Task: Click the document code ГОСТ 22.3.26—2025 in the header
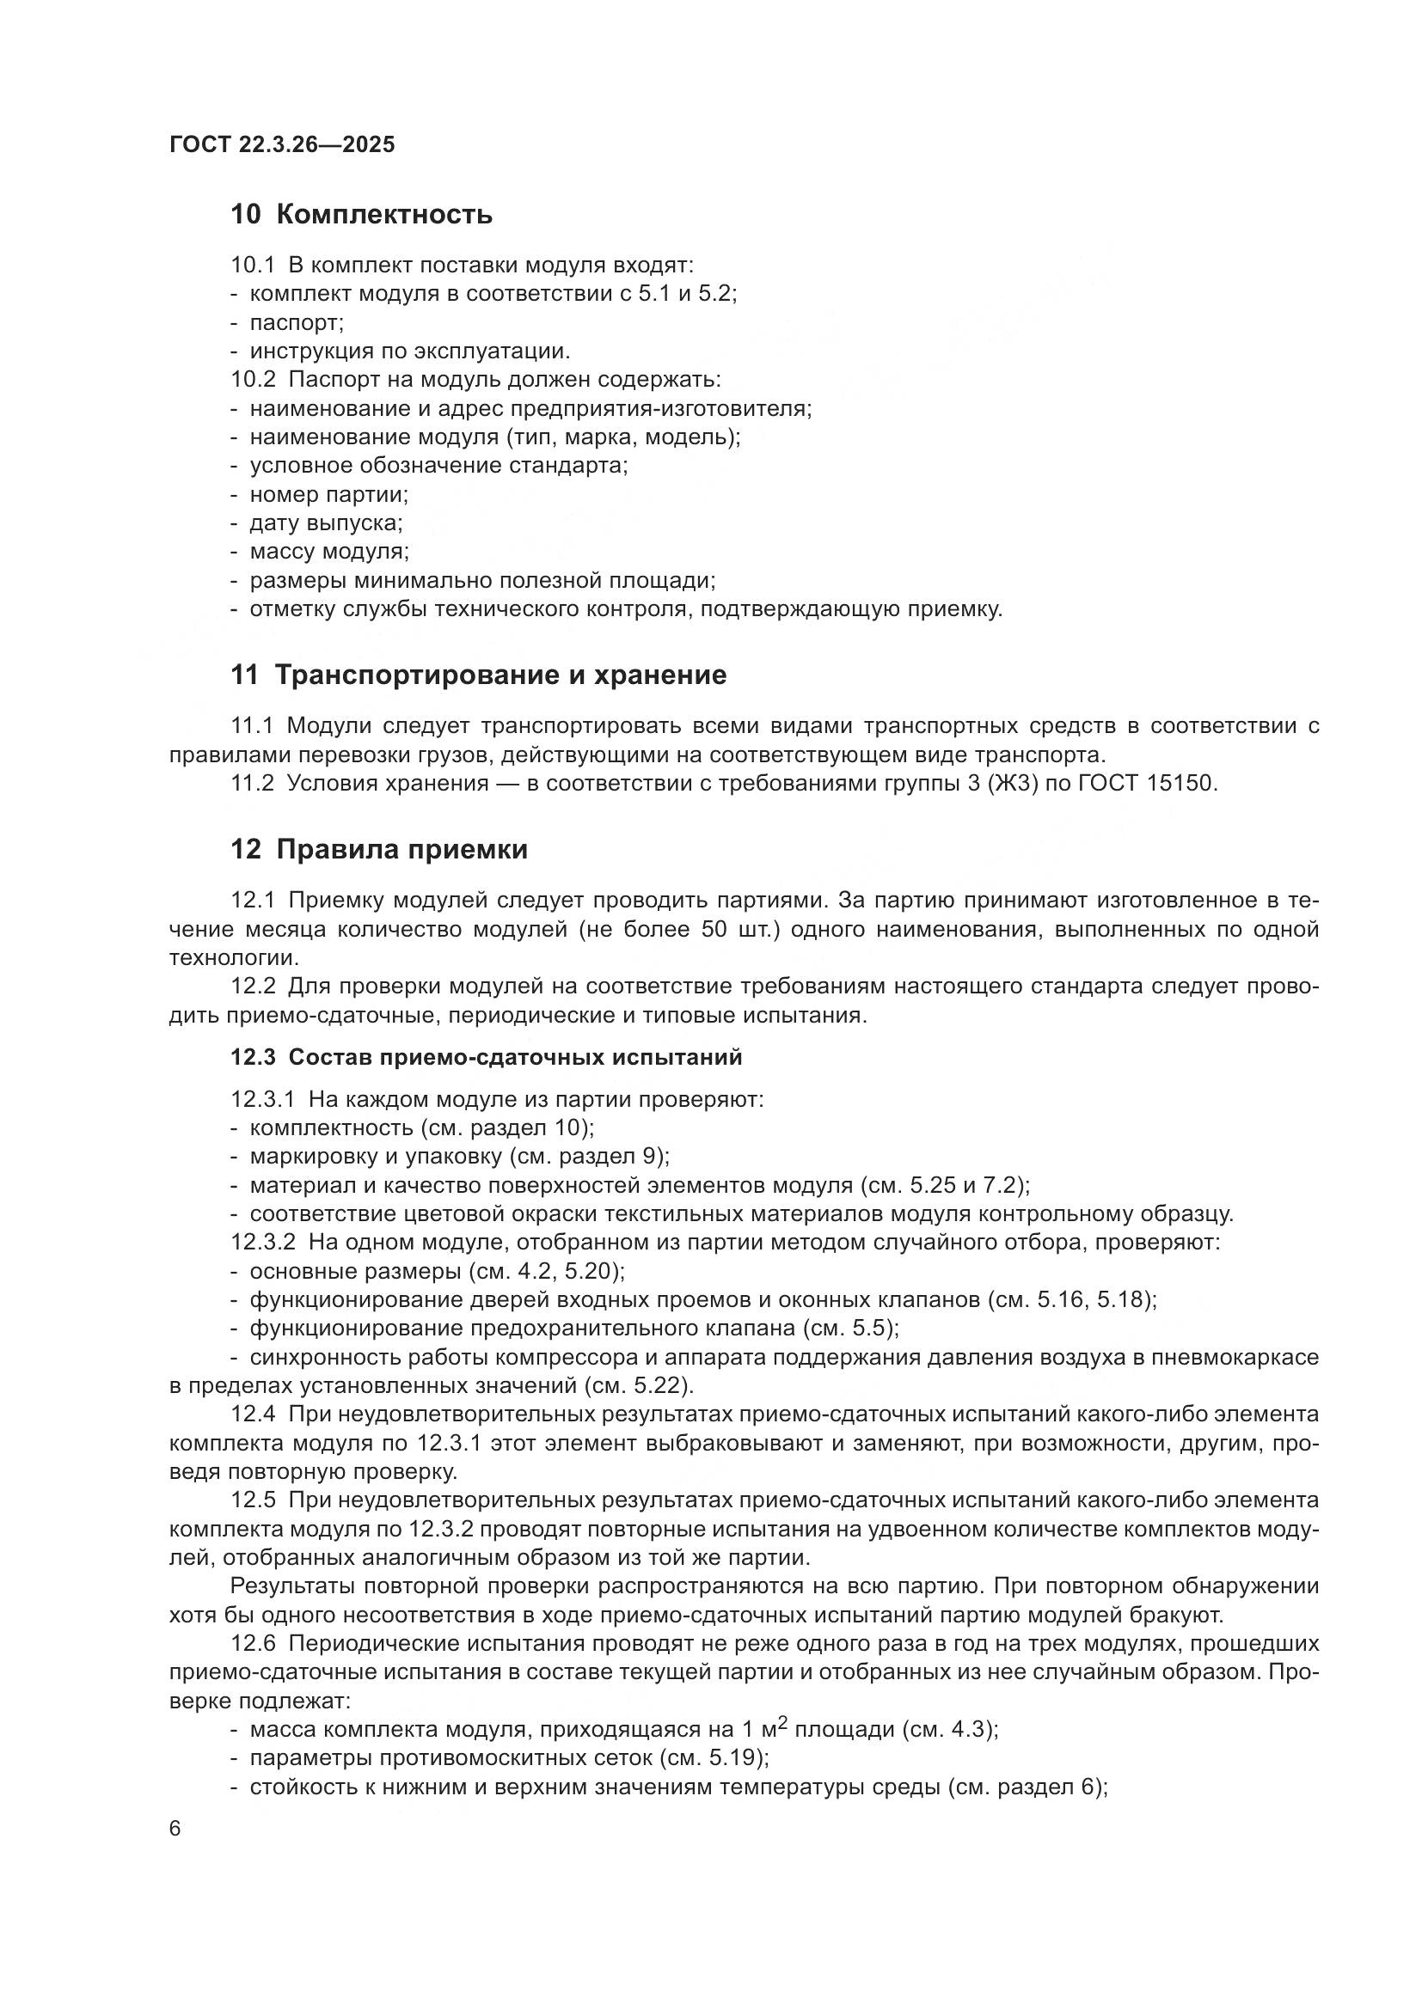pyautogui.click(x=282, y=144)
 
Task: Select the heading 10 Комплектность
pyautogui.click(x=361, y=215)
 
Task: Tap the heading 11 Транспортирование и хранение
pyautogui.click(x=478, y=675)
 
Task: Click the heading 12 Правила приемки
pyautogui.click(x=379, y=849)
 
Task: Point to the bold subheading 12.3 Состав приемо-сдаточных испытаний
pyautogui.click(x=486, y=1058)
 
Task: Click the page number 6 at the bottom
pyautogui.click(x=175, y=1829)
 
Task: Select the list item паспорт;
pyautogui.click(x=297, y=323)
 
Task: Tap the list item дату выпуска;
pyautogui.click(x=326, y=523)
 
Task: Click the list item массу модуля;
pyautogui.click(x=329, y=553)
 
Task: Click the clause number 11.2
pyautogui.click(x=252, y=784)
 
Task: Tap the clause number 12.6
pyautogui.click(x=252, y=1643)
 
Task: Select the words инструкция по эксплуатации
pyautogui.click(x=410, y=352)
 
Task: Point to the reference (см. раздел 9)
pyautogui.click(x=589, y=1157)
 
